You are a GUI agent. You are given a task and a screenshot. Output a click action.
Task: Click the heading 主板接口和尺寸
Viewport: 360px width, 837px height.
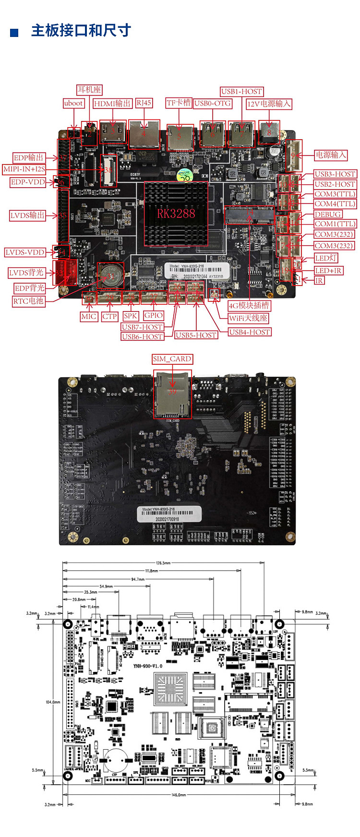[81, 31]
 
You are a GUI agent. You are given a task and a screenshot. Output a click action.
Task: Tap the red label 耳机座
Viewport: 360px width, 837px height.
[89, 90]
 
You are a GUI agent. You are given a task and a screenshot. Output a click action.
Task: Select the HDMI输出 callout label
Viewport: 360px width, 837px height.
[112, 103]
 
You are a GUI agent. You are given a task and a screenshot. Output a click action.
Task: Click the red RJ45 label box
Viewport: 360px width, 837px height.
[144, 103]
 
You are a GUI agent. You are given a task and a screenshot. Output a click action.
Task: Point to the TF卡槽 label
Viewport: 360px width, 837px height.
[179, 103]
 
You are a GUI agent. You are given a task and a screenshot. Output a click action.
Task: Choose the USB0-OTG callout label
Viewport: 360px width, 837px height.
[213, 103]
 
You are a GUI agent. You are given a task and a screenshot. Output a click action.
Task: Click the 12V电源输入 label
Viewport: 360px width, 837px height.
[269, 104]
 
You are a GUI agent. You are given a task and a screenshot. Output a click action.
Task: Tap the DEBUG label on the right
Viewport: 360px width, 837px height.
[328, 214]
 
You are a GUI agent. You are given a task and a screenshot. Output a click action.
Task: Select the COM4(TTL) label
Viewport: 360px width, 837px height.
[335, 203]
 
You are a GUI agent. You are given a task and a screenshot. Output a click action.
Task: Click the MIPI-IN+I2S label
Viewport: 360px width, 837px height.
[24, 169]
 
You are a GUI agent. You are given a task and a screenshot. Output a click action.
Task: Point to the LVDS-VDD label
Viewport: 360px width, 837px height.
[25, 252]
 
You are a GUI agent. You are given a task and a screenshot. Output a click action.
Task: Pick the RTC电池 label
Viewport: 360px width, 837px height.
[28, 301]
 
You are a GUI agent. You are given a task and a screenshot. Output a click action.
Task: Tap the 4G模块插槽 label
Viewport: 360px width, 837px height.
[249, 306]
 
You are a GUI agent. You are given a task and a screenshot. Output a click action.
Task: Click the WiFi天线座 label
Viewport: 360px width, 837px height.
[248, 318]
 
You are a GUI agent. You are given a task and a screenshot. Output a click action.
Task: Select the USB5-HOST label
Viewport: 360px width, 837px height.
[196, 335]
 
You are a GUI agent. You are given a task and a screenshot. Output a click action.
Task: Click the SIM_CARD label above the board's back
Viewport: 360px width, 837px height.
[172, 359]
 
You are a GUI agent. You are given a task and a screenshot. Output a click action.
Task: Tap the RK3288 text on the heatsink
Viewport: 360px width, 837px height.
[176, 214]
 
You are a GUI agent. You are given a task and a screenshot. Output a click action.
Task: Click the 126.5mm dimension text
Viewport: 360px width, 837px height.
[163, 563]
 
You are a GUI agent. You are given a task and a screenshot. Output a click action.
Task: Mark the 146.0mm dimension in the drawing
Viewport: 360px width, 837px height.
[179, 795]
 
